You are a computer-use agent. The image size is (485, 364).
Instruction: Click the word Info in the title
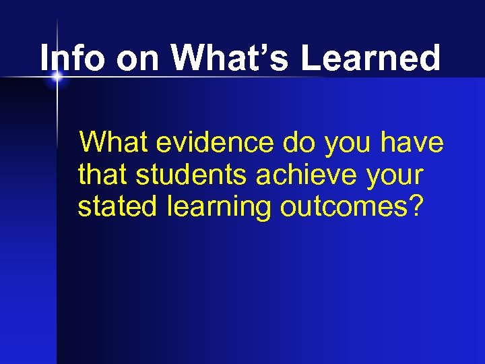[73, 59]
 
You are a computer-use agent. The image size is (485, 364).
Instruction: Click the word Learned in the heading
[370, 59]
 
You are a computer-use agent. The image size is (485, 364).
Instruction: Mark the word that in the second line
[103, 175]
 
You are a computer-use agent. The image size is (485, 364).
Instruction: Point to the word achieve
[308, 175]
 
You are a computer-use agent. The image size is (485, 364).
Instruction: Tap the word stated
[118, 207]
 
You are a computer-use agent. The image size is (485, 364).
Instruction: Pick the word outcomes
[344, 207]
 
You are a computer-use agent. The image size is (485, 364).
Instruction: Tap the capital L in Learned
[311, 59]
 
